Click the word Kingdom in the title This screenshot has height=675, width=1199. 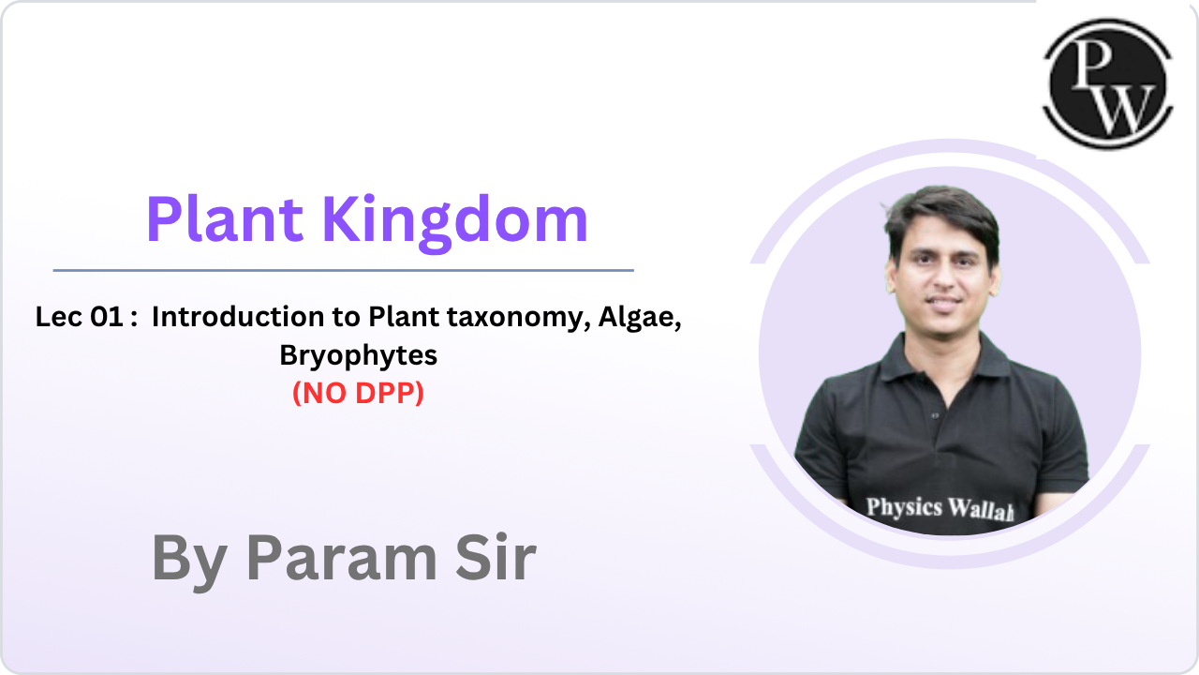(x=455, y=220)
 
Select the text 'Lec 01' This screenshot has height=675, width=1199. (x=79, y=318)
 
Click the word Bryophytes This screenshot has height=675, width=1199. (x=359, y=356)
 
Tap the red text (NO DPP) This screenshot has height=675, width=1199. (x=359, y=395)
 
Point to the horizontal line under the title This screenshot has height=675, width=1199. (x=343, y=270)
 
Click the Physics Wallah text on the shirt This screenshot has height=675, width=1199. (x=940, y=508)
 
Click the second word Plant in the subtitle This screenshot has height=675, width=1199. (x=403, y=318)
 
